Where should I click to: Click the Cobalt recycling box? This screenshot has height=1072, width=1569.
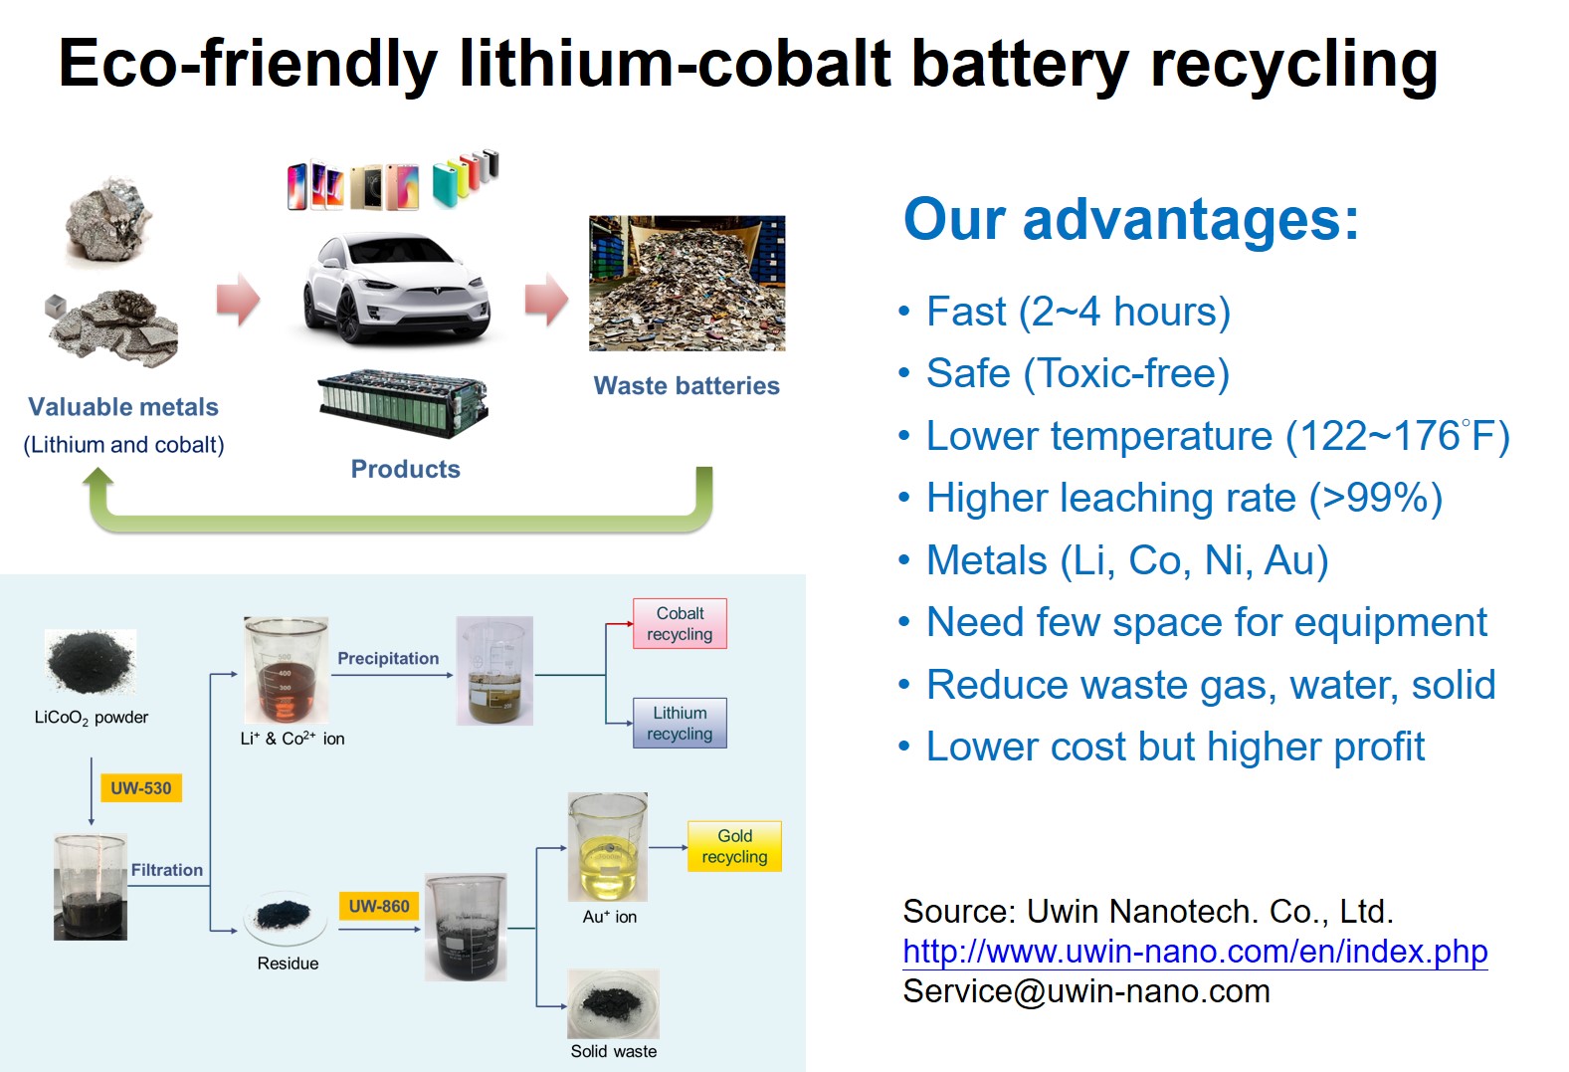680,623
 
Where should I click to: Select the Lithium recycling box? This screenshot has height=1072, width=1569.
680,723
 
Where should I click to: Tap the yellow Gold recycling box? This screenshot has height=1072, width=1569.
734,846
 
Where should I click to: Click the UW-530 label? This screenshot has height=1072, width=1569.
141,787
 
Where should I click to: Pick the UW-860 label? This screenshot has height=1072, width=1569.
379,906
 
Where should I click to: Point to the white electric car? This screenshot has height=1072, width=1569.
396,288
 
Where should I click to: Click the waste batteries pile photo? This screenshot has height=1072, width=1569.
686,283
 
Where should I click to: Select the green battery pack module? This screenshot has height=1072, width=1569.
403,402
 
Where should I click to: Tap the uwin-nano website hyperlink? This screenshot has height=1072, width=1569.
1195,951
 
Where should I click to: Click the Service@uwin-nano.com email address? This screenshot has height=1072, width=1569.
1086,990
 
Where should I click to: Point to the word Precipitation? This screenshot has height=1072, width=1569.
388,658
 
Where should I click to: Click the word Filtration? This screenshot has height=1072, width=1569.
167,870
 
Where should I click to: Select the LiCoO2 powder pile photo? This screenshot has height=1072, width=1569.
91,662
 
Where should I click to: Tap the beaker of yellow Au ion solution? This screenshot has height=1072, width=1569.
607,846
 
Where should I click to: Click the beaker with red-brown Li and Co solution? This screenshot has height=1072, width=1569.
286,670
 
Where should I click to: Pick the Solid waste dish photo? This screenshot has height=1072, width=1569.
613,1003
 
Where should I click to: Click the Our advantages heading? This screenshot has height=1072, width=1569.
1131,219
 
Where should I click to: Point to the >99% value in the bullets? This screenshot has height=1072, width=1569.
1376,498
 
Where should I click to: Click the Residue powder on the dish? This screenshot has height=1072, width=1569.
284,914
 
